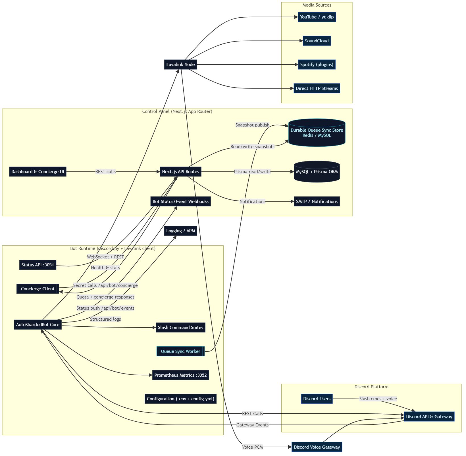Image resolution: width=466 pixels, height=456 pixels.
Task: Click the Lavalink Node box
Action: pos(180,65)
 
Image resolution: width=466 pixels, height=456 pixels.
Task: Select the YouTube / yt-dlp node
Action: pos(317,17)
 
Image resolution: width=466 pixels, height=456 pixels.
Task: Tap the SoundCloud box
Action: pos(317,41)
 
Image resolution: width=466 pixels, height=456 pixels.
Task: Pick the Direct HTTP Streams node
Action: pos(317,88)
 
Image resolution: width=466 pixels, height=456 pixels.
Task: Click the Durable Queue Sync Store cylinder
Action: pos(317,133)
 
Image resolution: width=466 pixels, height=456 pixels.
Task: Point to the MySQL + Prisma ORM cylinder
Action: pos(317,172)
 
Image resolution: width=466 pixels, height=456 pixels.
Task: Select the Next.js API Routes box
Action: pos(180,172)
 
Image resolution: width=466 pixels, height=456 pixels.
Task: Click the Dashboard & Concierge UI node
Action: pos(38,172)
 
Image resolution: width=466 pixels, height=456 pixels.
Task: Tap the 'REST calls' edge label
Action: pos(105,172)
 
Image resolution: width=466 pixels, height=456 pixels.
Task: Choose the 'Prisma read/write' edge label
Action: pos(252,172)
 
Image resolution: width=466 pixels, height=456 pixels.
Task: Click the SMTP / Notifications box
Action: pos(317,202)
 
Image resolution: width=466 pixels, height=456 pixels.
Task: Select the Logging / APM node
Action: pos(180,231)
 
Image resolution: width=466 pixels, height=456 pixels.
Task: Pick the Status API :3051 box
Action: pos(38,265)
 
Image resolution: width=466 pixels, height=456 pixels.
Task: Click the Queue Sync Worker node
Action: pos(180,351)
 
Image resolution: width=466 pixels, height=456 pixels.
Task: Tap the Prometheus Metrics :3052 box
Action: pos(180,375)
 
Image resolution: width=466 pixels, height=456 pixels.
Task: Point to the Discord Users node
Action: pos(317,399)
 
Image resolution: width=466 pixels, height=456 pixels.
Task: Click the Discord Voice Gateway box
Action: pos(317,447)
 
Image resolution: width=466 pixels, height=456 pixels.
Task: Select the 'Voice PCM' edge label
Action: pos(252,447)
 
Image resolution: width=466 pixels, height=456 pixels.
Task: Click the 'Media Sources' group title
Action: pos(317,5)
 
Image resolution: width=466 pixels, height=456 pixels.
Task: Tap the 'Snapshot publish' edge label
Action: pos(252,125)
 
